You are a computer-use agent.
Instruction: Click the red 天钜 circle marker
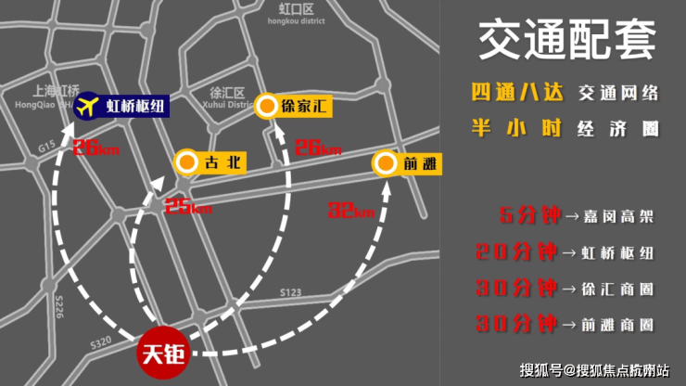tap(160, 354)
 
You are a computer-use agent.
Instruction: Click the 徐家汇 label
tap(305, 106)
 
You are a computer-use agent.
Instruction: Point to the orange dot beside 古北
tap(185, 163)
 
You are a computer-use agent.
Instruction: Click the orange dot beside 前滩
tap(385, 164)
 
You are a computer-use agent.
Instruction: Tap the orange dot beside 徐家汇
tap(266, 106)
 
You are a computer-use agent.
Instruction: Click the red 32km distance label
tap(349, 210)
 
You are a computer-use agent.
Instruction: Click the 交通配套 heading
tap(566, 42)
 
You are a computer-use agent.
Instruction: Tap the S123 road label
tap(291, 292)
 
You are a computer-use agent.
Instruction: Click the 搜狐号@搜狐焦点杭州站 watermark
tap(593, 369)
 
